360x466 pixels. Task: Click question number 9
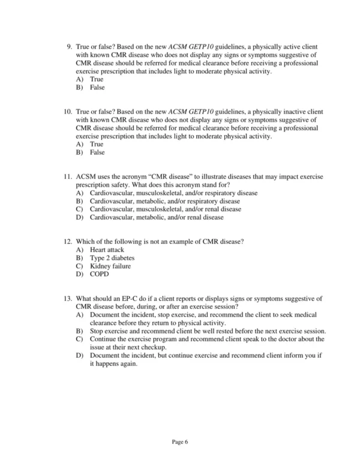(68, 47)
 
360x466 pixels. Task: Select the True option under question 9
(96, 79)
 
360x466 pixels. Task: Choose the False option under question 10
(97, 153)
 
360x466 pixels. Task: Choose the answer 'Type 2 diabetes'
(113, 258)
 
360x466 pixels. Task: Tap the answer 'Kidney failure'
(110, 266)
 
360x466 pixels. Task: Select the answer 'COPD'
(100, 274)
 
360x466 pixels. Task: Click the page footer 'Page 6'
(180, 442)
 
